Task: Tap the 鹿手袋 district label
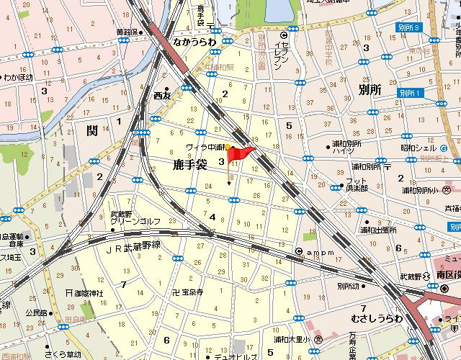[x=190, y=165]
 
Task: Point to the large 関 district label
[x=91, y=131]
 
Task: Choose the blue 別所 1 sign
[x=408, y=94]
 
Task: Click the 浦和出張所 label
[x=378, y=230]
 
